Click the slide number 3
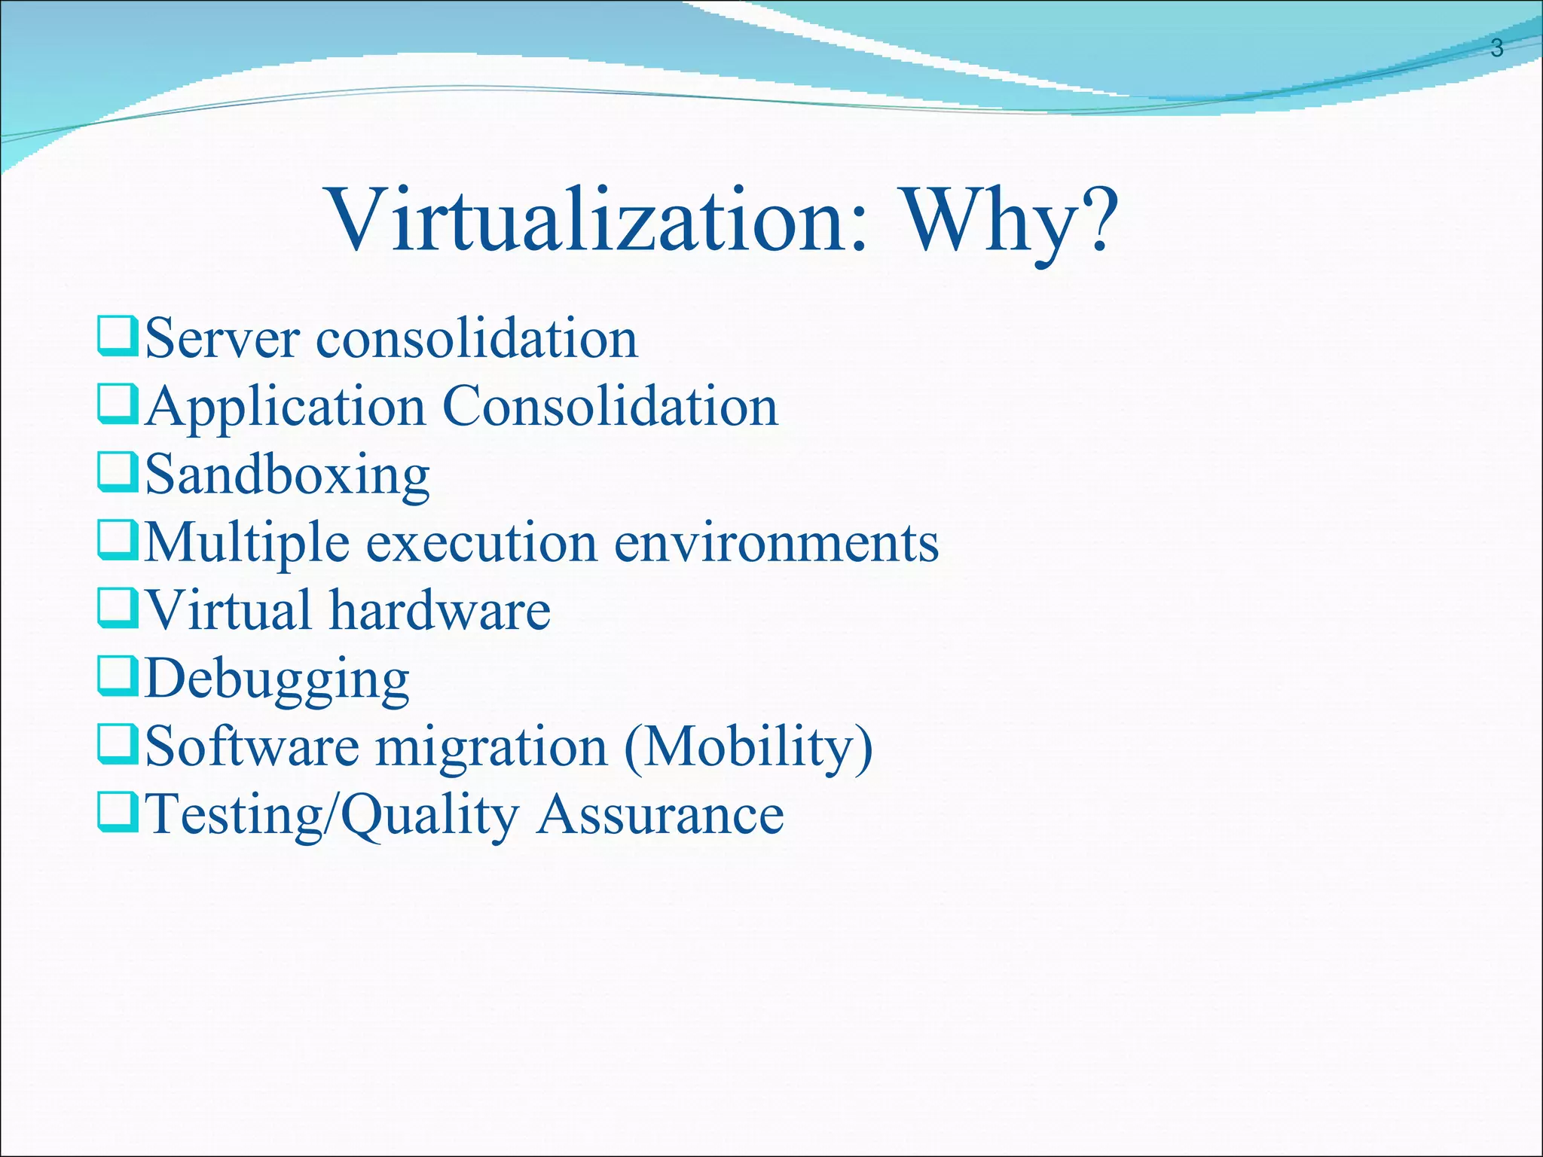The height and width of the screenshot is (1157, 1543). point(1496,48)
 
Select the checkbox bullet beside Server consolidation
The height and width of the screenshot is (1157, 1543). point(117,337)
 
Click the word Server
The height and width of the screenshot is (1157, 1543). point(222,339)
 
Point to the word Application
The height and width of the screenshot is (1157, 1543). point(286,408)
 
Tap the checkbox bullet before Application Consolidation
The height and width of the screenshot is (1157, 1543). point(117,405)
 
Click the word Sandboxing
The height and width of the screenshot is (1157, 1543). point(287,475)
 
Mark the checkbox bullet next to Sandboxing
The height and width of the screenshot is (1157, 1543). point(117,473)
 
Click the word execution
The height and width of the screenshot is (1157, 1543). point(482,544)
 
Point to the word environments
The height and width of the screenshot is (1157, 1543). point(776,544)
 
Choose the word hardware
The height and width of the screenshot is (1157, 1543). point(440,610)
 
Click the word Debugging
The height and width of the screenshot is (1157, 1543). point(277,679)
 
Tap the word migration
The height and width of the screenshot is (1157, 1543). point(491,747)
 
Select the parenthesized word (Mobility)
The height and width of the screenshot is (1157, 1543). point(749,747)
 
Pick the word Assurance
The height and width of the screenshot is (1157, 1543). point(660,815)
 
